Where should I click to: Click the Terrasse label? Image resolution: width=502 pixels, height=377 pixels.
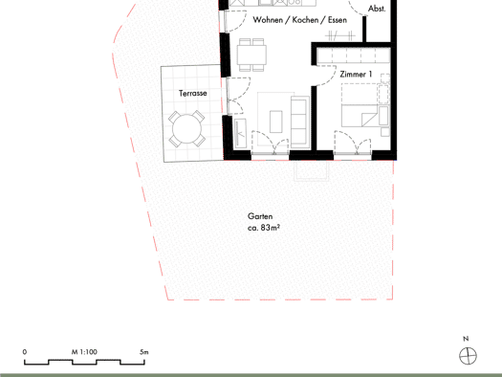click(193, 93)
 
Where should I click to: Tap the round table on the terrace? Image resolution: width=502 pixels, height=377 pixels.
click(187, 129)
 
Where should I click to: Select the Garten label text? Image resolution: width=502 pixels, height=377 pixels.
click(260, 216)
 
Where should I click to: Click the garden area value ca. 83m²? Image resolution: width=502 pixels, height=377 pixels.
click(264, 228)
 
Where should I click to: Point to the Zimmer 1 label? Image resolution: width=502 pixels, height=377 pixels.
click(356, 75)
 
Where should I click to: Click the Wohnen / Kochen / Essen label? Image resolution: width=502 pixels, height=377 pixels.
click(300, 20)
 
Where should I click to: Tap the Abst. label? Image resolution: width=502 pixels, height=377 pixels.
click(377, 9)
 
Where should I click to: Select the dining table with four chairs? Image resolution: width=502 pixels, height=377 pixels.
click(252, 55)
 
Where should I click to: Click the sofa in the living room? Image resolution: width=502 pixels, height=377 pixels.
click(300, 122)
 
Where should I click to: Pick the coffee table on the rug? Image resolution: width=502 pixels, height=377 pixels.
click(276, 122)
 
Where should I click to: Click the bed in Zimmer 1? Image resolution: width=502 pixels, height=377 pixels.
click(361, 105)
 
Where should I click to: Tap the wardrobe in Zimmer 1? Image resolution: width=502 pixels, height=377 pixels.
click(354, 56)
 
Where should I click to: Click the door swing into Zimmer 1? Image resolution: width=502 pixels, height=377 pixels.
click(326, 76)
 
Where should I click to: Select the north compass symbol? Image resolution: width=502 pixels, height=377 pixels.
click(469, 356)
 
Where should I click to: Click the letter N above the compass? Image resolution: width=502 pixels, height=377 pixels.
click(466, 339)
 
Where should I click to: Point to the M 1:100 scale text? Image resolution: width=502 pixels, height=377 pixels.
click(84, 352)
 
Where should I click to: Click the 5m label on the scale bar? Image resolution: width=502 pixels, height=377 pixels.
click(144, 352)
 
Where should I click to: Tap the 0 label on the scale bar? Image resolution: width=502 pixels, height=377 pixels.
click(25, 352)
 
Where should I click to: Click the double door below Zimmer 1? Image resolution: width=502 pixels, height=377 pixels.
click(353, 144)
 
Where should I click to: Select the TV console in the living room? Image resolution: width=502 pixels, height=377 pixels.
click(240, 132)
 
